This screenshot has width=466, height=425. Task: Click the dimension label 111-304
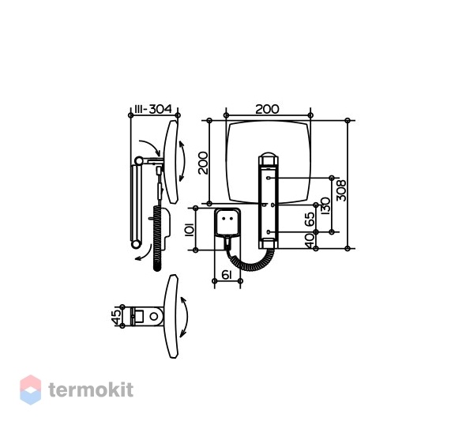point(153,109)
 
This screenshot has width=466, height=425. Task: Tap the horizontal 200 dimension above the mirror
point(267,109)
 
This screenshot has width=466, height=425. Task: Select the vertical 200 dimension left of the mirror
point(204,163)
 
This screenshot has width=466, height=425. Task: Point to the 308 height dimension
point(341,190)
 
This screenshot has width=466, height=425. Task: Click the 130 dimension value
point(326,205)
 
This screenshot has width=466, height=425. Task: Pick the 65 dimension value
point(310,219)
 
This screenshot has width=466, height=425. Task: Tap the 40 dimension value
point(310,240)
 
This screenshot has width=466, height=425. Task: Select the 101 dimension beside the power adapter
point(190,229)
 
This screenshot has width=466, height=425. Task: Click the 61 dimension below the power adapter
point(227,275)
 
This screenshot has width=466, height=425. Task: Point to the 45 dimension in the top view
point(117,317)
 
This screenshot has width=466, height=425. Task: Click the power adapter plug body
point(228,222)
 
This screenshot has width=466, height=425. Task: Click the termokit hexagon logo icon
point(30,389)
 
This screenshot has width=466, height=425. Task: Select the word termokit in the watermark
point(91,389)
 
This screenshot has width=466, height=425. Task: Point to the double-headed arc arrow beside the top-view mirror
point(184,317)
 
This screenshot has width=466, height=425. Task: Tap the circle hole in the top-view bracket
point(154,317)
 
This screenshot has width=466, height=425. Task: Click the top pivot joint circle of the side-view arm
point(138,161)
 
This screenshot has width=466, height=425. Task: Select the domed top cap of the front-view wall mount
point(269,156)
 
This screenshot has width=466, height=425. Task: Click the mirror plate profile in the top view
point(171,316)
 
